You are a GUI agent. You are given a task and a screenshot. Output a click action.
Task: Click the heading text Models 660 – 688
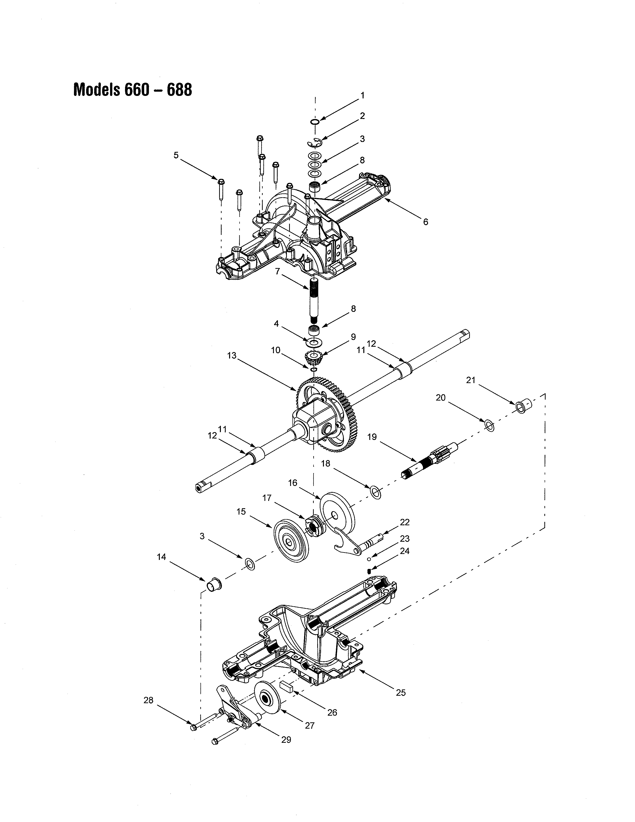pyautogui.click(x=132, y=90)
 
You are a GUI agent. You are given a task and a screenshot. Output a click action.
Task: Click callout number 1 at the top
pyautogui.click(x=362, y=96)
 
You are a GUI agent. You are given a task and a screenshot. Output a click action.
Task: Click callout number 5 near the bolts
pyautogui.click(x=176, y=155)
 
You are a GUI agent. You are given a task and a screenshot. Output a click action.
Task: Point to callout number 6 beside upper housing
pyautogui.click(x=426, y=222)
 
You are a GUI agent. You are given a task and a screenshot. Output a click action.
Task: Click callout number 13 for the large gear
pyautogui.click(x=232, y=355)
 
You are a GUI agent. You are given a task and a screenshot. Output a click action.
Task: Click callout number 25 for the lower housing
pyautogui.click(x=401, y=692)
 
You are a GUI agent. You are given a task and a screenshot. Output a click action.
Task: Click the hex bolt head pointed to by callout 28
pyautogui.click(x=193, y=727)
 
